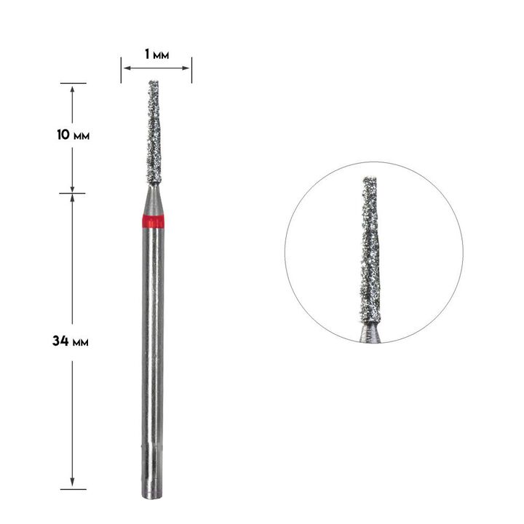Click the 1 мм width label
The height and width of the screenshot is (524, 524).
(x=156, y=54)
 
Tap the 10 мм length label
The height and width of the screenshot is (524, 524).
(x=73, y=135)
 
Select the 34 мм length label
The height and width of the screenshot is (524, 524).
(x=71, y=341)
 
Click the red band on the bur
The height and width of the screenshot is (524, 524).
(x=153, y=221)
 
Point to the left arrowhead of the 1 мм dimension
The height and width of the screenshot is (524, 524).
(x=127, y=68)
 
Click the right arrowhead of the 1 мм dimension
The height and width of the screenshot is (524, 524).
(x=186, y=68)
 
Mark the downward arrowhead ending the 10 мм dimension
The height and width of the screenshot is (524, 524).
(x=72, y=188)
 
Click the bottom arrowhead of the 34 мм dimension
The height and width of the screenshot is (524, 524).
(x=72, y=482)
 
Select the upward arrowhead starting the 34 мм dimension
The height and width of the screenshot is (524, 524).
(x=72, y=198)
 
